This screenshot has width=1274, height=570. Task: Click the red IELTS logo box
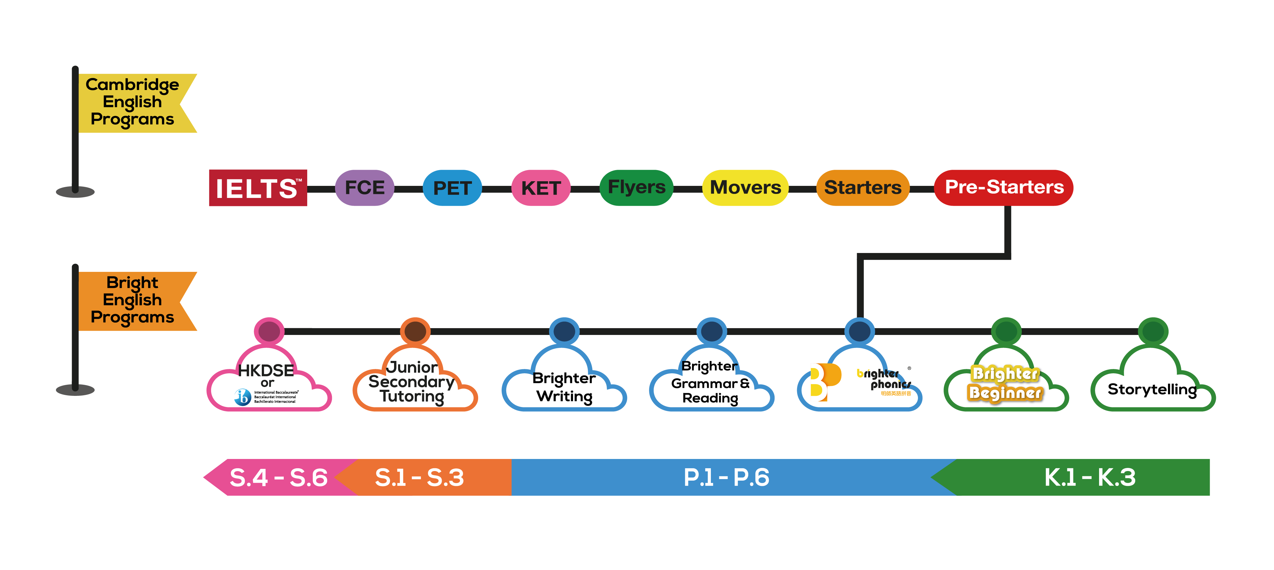[258, 188]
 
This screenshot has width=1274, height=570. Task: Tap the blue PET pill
[452, 188]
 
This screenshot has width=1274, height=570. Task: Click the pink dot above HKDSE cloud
[269, 331]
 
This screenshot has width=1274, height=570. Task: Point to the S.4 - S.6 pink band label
[278, 478]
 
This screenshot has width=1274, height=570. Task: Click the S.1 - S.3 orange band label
[419, 478]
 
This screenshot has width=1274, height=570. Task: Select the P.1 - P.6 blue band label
[726, 478]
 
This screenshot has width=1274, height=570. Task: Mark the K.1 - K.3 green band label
[1089, 478]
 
